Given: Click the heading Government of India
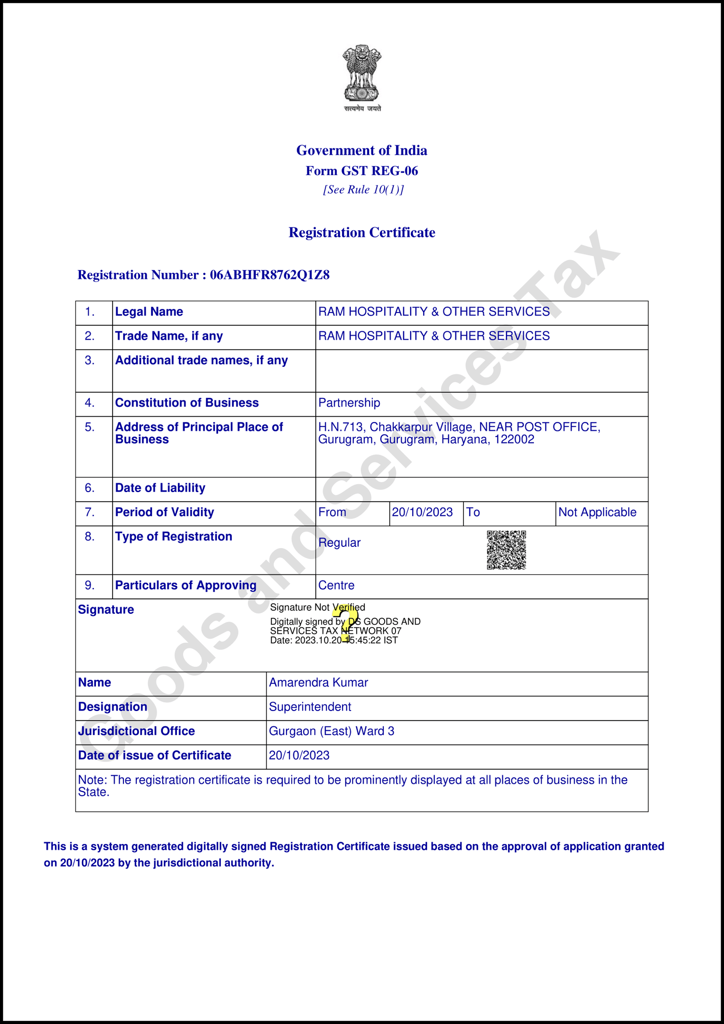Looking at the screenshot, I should pyautogui.click(x=362, y=150).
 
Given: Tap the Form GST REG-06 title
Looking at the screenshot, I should pyautogui.click(x=362, y=171).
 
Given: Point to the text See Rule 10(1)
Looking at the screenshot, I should pyautogui.click(x=363, y=190).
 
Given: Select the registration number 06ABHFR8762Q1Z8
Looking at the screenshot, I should pyautogui.click(x=269, y=275).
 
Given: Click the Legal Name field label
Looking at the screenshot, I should pyautogui.click(x=149, y=312).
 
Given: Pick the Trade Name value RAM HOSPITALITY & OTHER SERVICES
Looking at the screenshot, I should pyautogui.click(x=433, y=336).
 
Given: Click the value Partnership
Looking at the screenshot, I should pyautogui.click(x=349, y=403).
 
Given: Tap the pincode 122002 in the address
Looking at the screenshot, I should pyautogui.click(x=514, y=440).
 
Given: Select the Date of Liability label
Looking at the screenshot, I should pyautogui.click(x=160, y=488).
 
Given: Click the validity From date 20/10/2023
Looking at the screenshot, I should pyautogui.click(x=422, y=512).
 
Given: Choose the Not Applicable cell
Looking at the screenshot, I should pyautogui.click(x=597, y=512).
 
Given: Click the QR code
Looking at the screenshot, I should pyautogui.click(x=506, y=550).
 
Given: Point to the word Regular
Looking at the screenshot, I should pyautogui.click(x=339, y=543).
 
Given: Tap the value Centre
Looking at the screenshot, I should pyautogui.click(x=336, y=586).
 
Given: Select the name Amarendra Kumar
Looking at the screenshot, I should pyautogui.click(x=318, y=683).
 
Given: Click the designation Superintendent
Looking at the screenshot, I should pyautogui.click(x=310, y=707).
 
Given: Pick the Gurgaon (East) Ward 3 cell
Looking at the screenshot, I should pyautogui.click(x=332, y=731).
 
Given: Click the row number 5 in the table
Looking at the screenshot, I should pyautogui.click(x=89, y=427).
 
